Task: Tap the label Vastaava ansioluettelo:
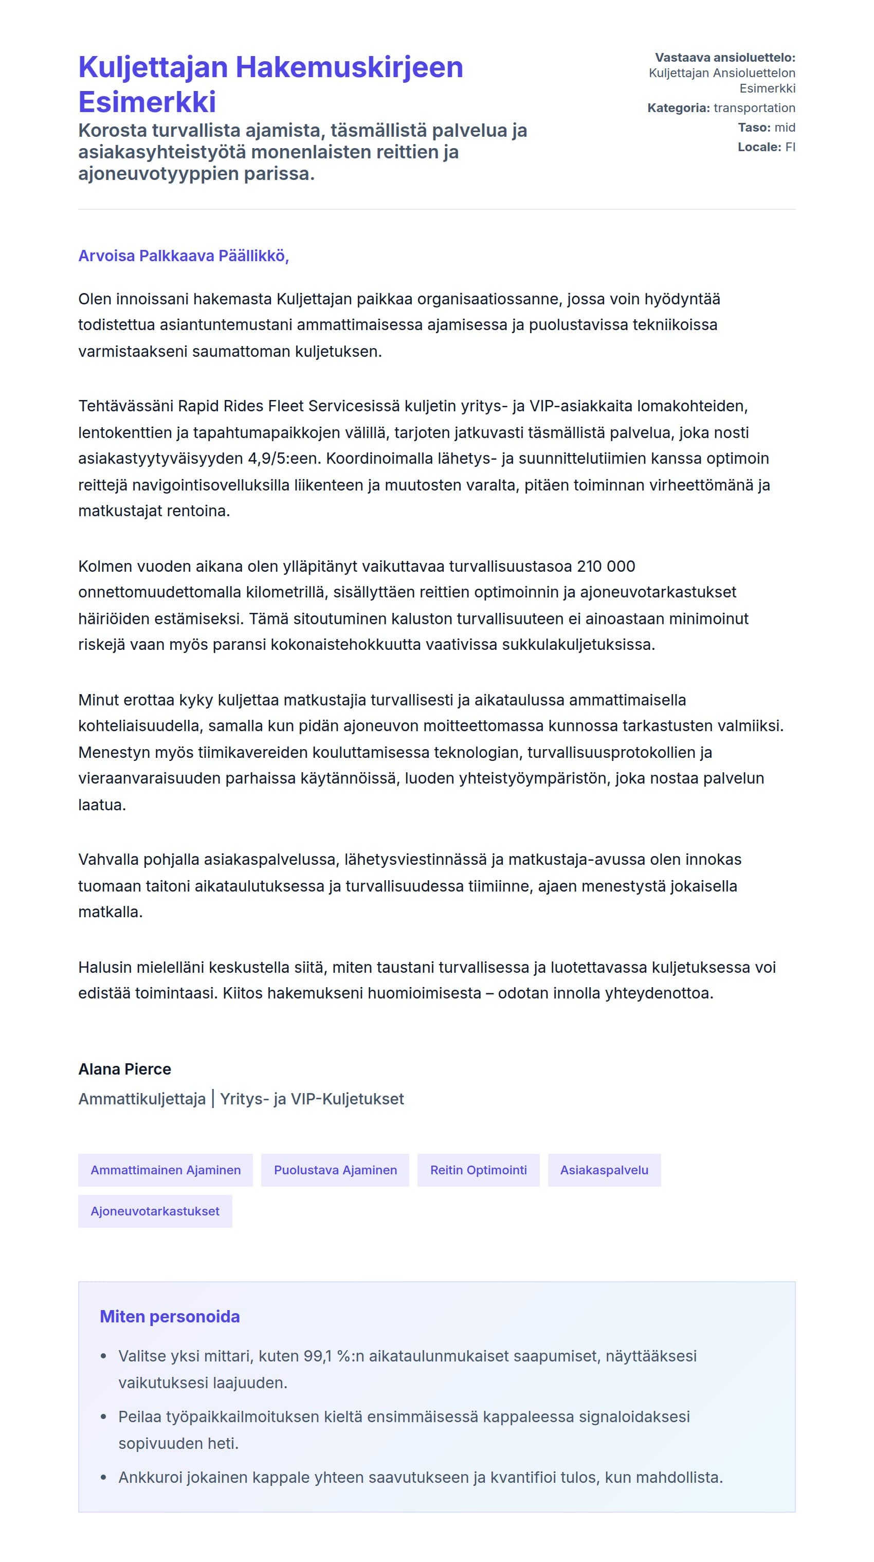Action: [x=725, y=58]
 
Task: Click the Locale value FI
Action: [x=790, y=147]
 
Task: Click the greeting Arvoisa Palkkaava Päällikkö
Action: [x=183, y=256]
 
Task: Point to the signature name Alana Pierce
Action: [x=124, y=1069]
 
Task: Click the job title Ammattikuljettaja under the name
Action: [x=142, y=1099]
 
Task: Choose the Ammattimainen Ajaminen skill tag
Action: [x=166, y=1170]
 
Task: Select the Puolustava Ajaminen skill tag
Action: [x=335, y=1170]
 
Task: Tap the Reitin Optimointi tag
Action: [x=478, y=1170]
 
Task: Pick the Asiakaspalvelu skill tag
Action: [x=604, y=1170]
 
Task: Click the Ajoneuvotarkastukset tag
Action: [x=155, y=1211]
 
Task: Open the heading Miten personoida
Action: [x=170, y=1316]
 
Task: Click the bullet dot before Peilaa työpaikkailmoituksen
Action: [x=104, y=1417]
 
